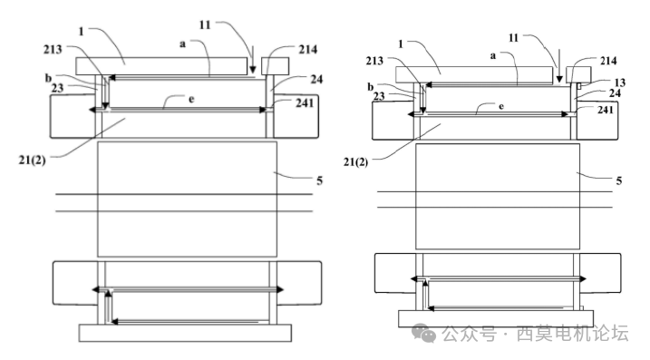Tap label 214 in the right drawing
(x=607, y=61)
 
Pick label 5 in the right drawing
(x=618, y=180)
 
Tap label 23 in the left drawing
(x=58, y=88)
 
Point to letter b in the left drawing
(x=59, y=77)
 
